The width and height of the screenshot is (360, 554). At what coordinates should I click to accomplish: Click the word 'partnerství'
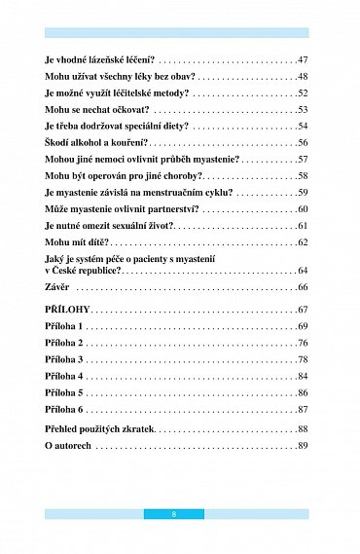pos(169,209)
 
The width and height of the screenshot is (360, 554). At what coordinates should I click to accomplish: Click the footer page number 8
pos(174,513)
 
